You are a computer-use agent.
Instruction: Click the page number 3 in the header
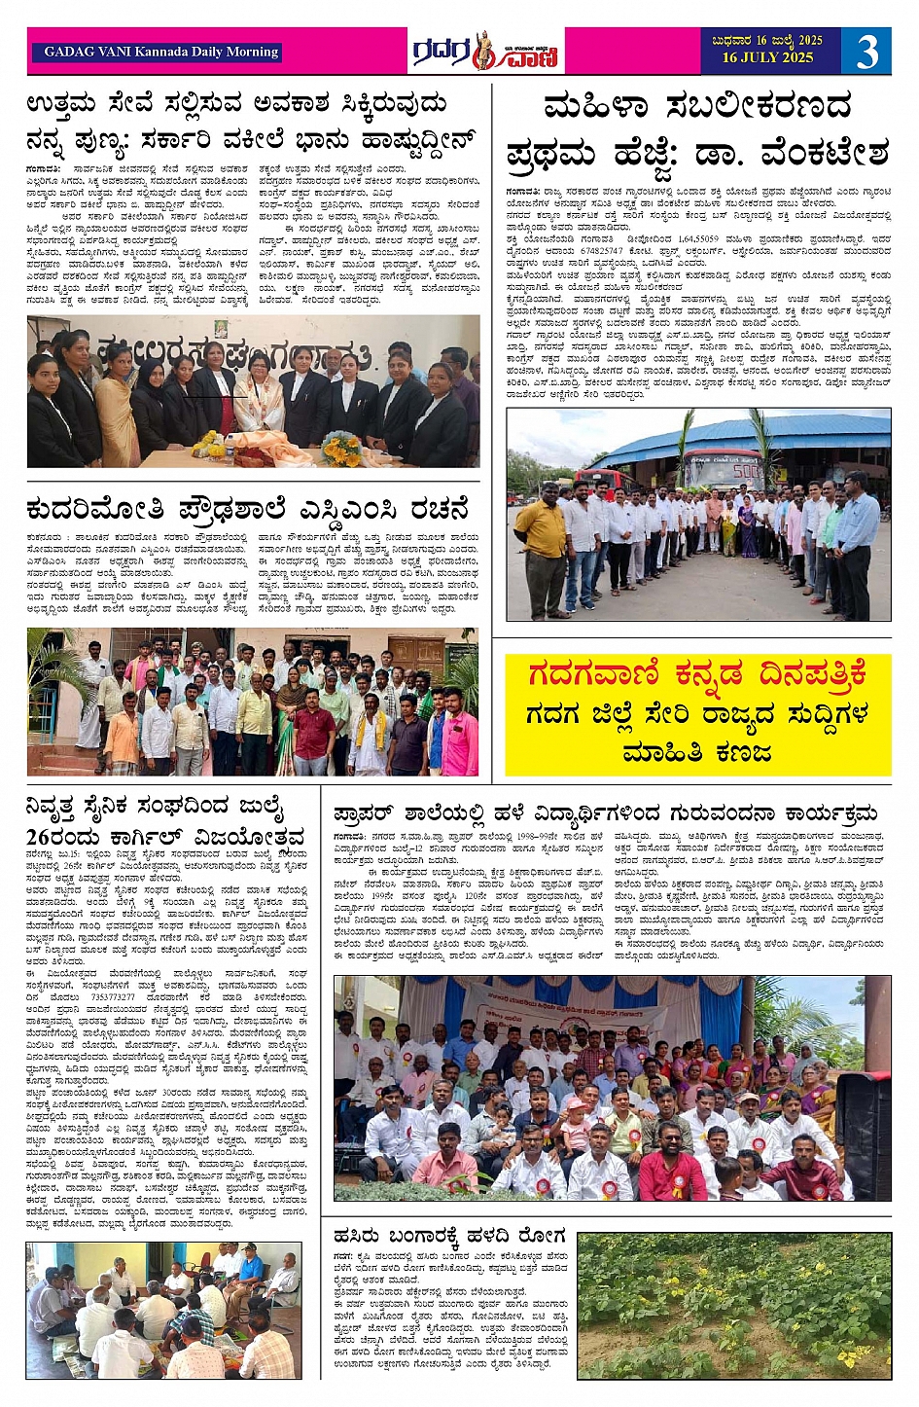866,51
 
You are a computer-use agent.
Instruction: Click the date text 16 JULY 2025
767,58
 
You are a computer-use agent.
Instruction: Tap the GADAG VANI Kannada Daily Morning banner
161,52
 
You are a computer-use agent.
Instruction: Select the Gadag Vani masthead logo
485,52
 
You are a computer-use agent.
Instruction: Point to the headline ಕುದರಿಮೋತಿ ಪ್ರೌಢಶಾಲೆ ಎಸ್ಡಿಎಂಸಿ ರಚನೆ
248,509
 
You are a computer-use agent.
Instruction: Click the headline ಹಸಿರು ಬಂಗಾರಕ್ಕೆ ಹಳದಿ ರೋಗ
448,1235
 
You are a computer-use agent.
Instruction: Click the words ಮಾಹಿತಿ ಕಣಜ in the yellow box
696,752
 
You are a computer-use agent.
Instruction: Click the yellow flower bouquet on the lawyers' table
341,449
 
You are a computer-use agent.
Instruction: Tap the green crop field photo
734,1306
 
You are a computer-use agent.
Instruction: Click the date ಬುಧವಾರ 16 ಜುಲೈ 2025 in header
767,41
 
